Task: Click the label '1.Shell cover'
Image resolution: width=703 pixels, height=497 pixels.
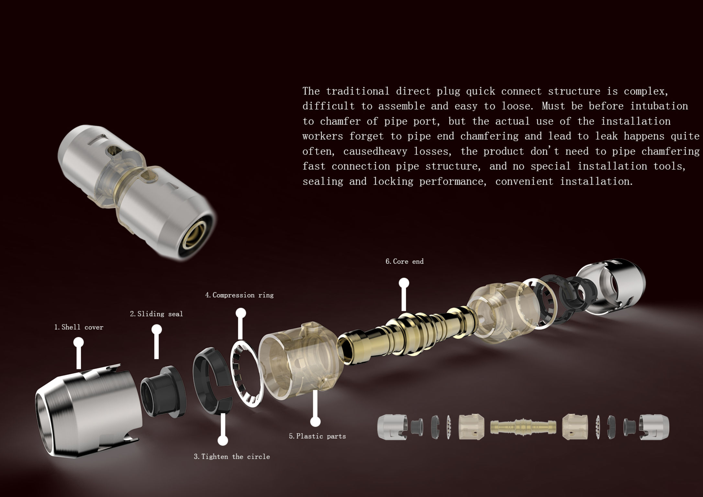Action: pos(79,327)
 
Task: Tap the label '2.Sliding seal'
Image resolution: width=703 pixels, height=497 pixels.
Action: pos(156,314)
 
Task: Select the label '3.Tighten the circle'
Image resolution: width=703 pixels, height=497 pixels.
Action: pos(232,457)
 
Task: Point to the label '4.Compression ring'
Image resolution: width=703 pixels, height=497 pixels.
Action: pos(239,295)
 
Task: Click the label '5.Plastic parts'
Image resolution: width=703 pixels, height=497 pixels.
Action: pos(317,436)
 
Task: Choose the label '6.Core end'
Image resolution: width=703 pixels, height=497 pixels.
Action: pos(404,261)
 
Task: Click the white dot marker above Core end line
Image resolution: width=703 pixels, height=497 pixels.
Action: pos(404,283)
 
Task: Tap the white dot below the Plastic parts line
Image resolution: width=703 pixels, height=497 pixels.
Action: pos(315,422)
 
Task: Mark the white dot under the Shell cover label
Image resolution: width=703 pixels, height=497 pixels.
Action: pos(79,342)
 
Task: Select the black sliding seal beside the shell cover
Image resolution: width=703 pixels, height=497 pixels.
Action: pos(162,392)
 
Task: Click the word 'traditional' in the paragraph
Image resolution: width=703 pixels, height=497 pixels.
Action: pos(357,91)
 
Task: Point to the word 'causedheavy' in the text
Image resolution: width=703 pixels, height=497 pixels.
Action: pos(375,151)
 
